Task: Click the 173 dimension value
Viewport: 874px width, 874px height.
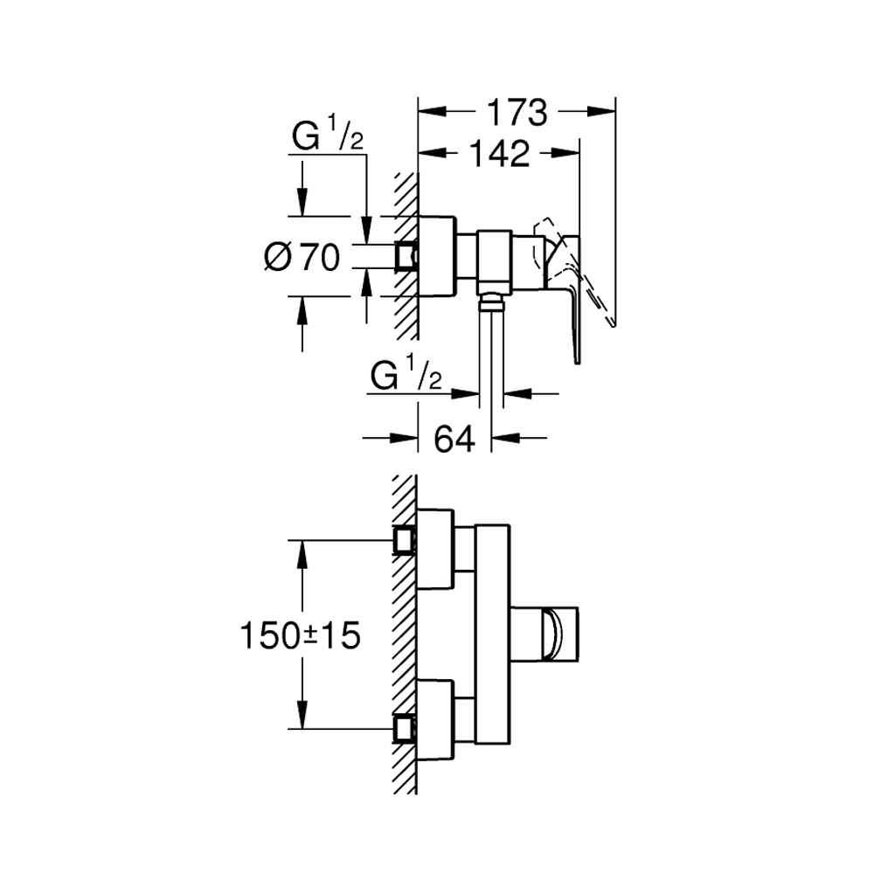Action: pyautogui.click(x=517, y=113)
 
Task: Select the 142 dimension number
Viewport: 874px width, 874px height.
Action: pyautogui.click(x=500, y=154)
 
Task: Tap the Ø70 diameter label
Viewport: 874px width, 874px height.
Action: pyautogui.click(x=302, y=258)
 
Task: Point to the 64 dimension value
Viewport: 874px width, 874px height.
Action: pyautogui.click(x=454, y=440)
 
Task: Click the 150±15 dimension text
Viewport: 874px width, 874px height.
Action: pyautogui.click(x=301, y=635)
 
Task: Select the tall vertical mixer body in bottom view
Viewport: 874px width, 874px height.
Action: pyautogui.click(x=493, y=635)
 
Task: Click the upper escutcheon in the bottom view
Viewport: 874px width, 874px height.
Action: pyautogui.click(x=436, y=549)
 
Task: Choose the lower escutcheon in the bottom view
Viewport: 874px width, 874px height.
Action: pyautogui.click(x=436, y=719)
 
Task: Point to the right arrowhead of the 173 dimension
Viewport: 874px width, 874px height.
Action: pyautogui.click(x=601, y=112)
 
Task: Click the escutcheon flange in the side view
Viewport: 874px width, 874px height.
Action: pyautogui.click(x=438, y=256)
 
